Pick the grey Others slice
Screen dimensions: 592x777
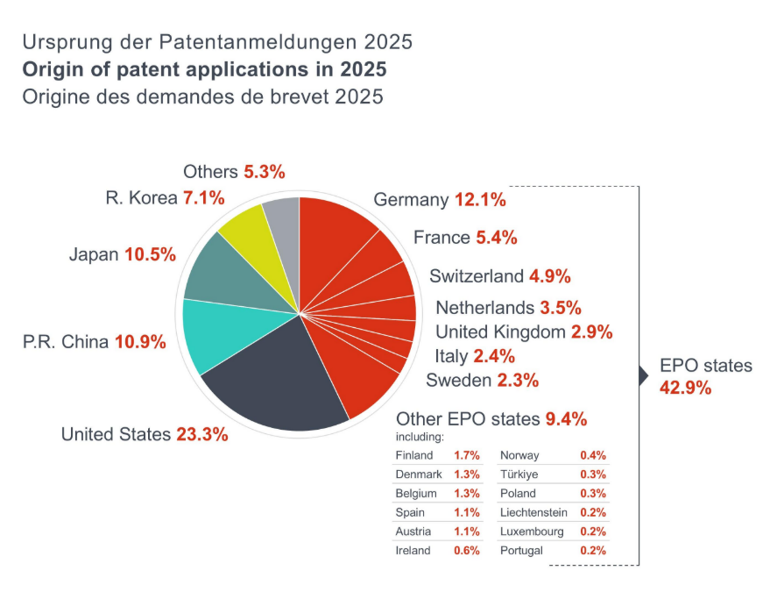point(283,219)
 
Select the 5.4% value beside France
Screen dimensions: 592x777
point(497,238)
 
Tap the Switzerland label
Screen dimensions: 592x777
point(476,276)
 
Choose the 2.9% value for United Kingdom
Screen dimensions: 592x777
point(591,332)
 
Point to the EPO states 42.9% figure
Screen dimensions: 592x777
point(685,388)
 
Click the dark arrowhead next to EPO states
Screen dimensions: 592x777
point(643,375)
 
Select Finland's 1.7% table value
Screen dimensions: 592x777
point(466,456)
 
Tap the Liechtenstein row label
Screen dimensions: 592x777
point(533,512)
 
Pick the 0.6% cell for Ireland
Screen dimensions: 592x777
point(466,551)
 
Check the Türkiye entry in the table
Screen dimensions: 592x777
point(519,474)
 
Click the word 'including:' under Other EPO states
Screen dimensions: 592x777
point(420,436)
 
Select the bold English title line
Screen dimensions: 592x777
point(205,69)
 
